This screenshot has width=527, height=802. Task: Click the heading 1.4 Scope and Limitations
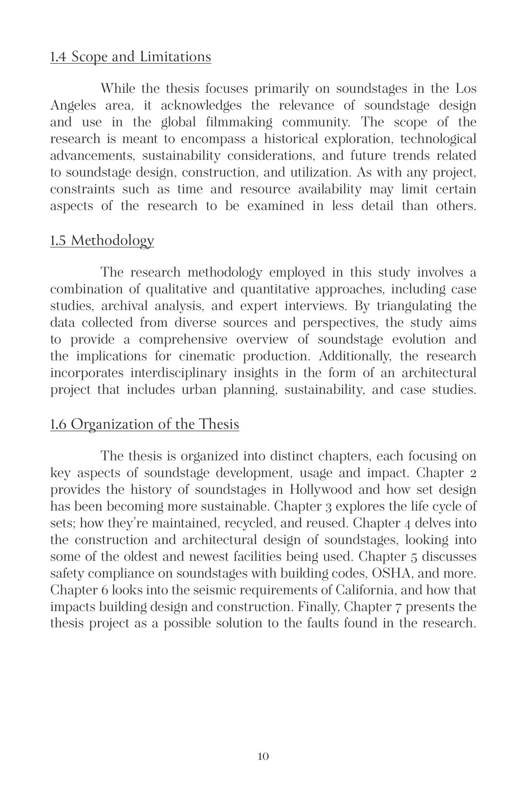[x=130, y=57]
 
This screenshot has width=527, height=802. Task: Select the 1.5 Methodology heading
[x=102, y=240]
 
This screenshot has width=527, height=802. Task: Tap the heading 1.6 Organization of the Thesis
[x=144, y=424]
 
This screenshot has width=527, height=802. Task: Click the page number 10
[x=263, y=756]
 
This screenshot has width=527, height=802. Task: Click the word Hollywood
[x=321, y=490]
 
